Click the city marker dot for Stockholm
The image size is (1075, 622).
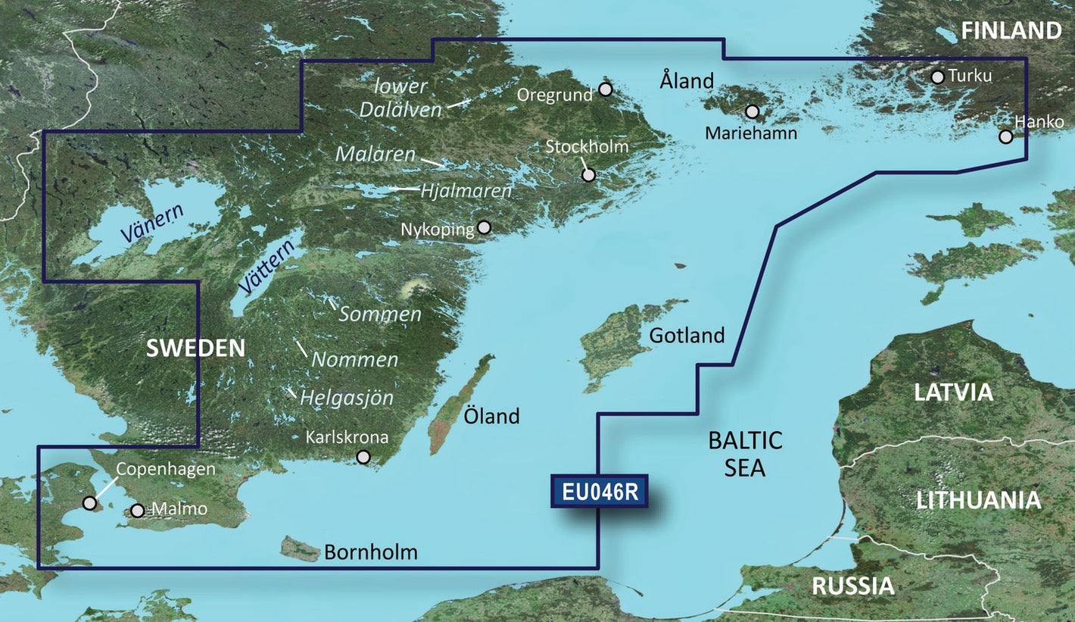(588, 175)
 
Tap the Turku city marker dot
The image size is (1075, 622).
(937, 77)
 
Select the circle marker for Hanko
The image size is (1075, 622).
(1005, 136)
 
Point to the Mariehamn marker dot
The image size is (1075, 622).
(752, 111)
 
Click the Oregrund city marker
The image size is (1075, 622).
(605, 89)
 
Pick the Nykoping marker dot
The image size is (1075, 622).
(484, 227)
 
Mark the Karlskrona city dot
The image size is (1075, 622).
(363, 457)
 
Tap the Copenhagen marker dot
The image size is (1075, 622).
(89, 503)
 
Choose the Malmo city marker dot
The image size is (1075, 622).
(137, 511)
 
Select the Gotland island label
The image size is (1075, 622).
(687, 335)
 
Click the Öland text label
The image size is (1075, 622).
(492, 416)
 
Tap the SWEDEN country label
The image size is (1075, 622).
(195, 349)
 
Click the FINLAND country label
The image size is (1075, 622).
(1011, 31)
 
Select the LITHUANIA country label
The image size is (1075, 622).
(978, 501)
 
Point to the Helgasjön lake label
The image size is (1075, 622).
(347, 397)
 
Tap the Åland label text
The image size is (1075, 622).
(687, 80)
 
